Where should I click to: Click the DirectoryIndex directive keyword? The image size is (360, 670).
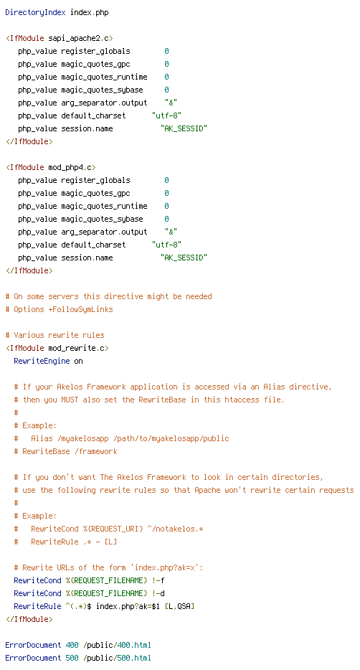35,12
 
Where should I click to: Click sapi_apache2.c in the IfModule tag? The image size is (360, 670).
79,39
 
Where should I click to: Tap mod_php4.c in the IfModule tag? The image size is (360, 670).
70,168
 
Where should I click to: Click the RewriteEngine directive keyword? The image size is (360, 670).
42,361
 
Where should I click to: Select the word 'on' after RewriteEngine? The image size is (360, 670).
79,361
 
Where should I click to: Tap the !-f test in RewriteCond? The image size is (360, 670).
158,580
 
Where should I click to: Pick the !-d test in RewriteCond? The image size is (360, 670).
158,593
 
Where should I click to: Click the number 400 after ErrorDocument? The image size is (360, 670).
72,645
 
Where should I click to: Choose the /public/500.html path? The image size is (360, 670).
118,658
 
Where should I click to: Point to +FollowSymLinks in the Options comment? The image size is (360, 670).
81,309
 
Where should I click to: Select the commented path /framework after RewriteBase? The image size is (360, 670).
96,451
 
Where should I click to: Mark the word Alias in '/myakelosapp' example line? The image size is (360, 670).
42,438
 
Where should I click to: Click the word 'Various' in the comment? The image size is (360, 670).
29,335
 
